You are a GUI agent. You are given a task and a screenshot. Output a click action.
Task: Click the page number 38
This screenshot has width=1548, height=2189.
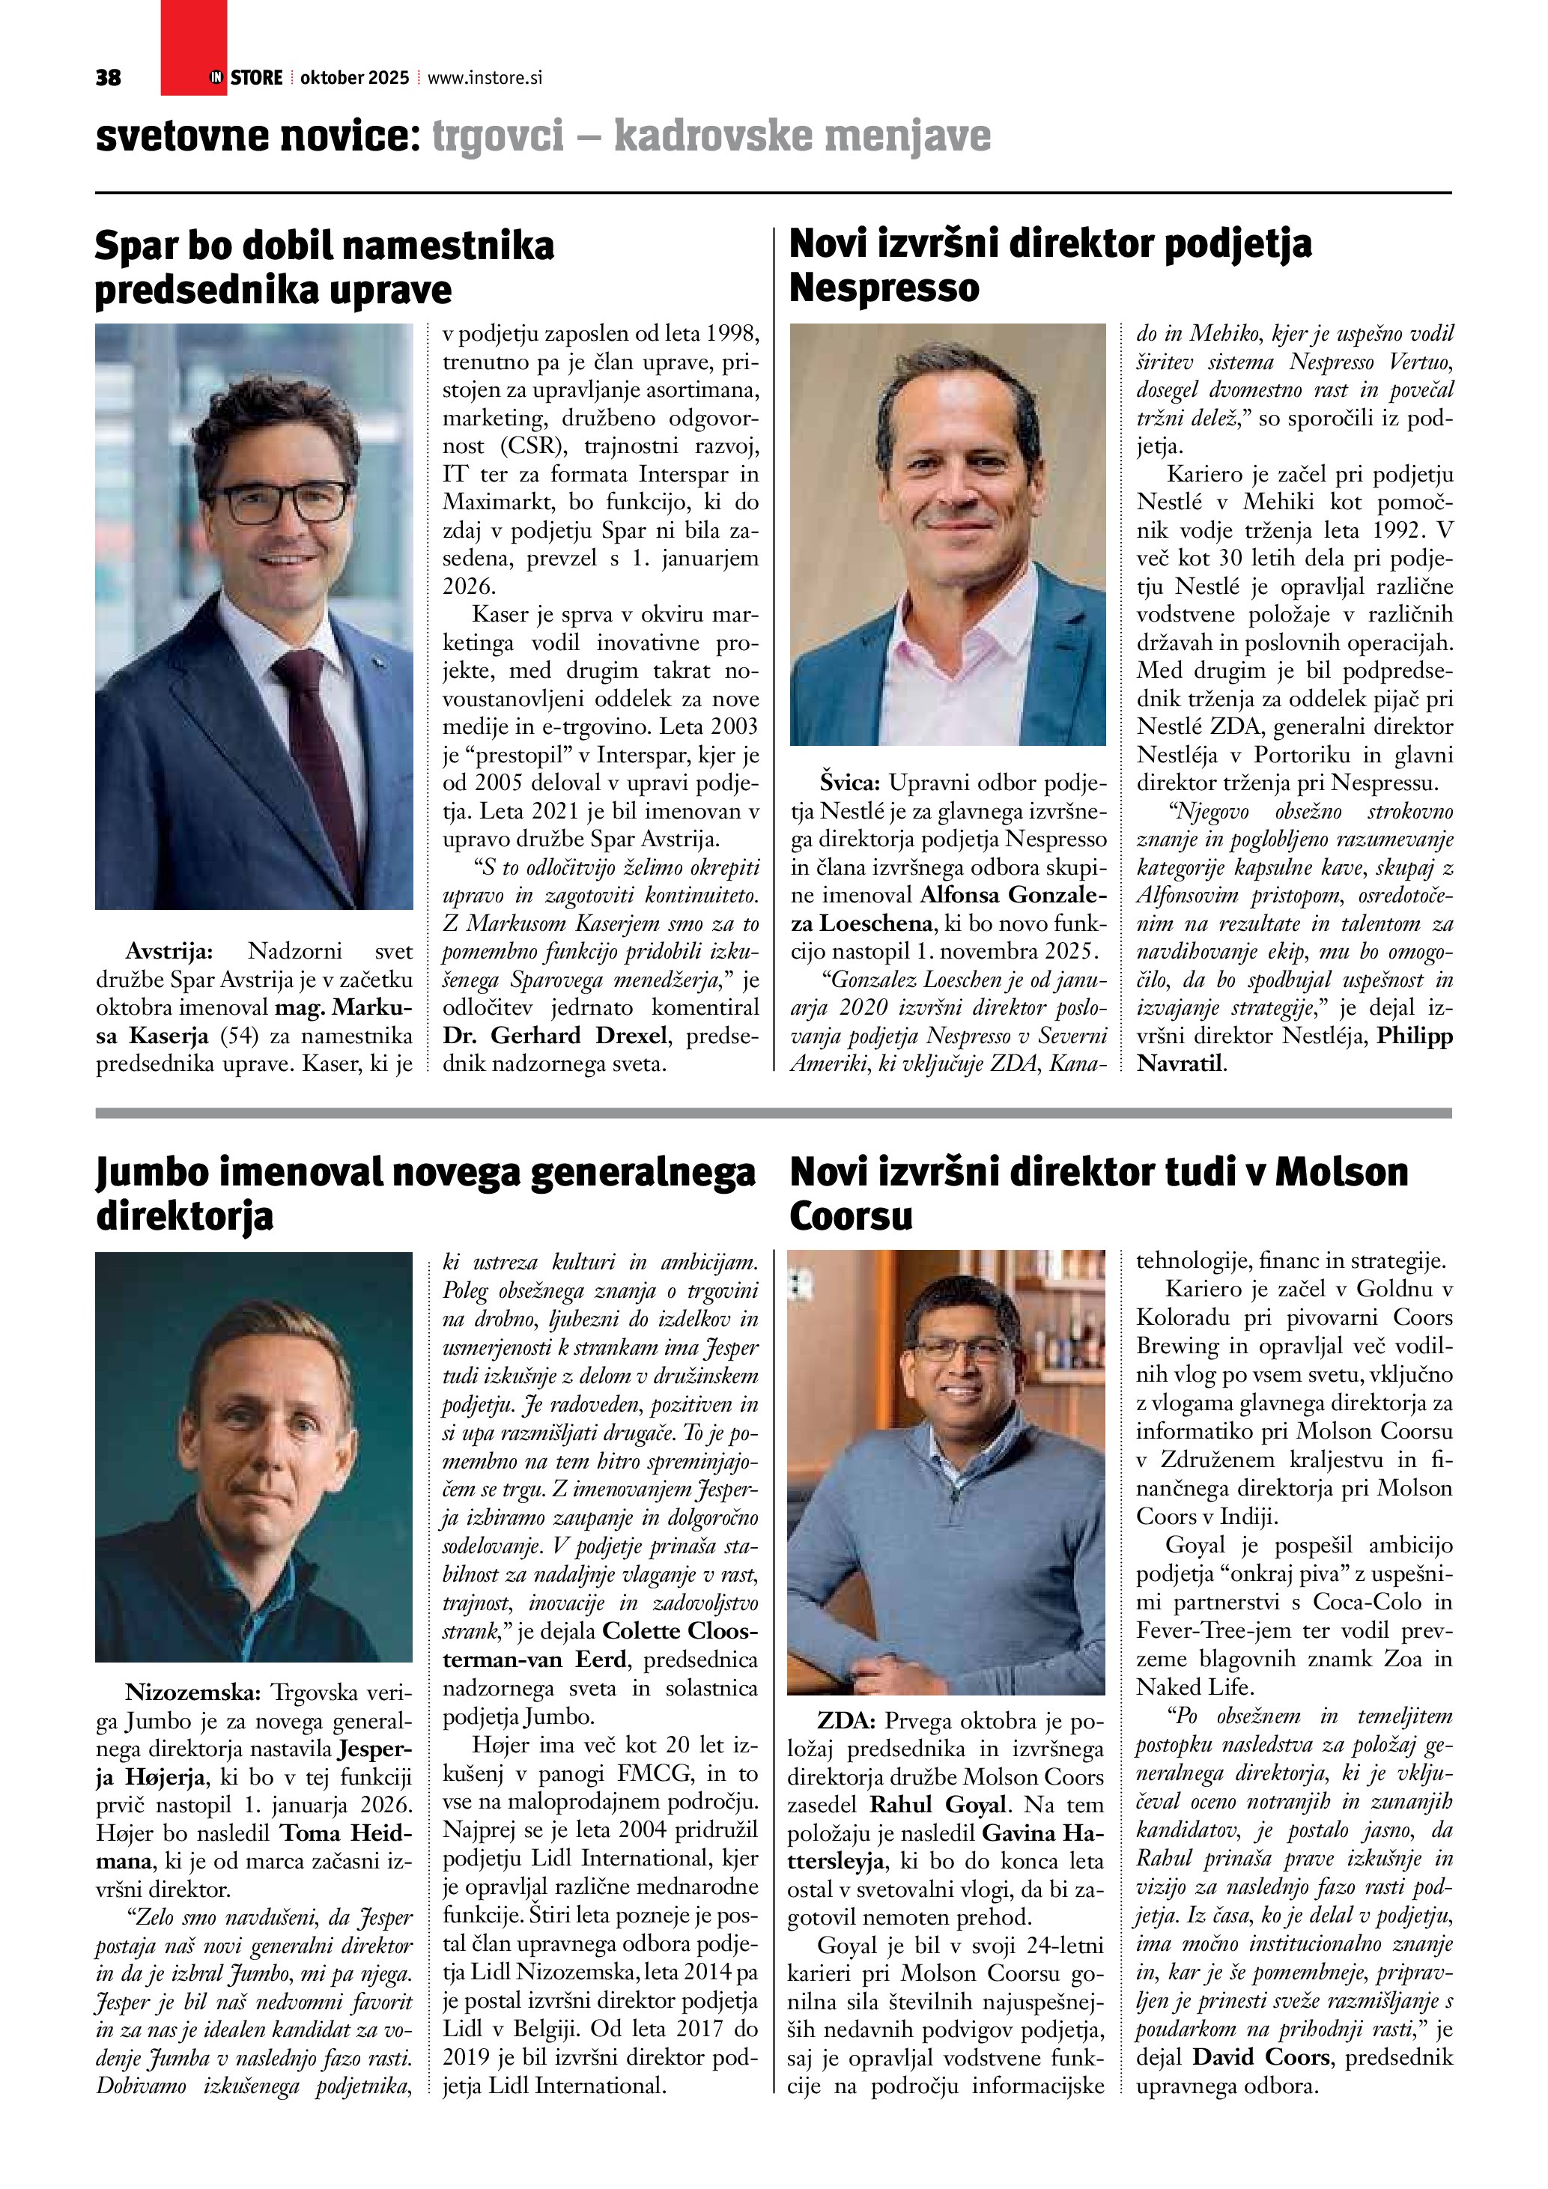tap(108, 78)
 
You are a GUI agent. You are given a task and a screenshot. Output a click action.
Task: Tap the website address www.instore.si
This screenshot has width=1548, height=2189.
tap(485, 78)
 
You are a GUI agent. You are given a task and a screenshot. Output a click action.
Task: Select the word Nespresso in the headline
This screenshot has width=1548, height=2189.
tap(884, 288)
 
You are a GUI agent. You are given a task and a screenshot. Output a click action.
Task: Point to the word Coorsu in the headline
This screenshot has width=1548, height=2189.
tap(850, 1215)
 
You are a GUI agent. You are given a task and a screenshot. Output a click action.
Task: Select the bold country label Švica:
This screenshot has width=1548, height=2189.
tap(852, 783)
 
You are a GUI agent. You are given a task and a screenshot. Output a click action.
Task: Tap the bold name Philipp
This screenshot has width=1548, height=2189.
tap(1415, 1036)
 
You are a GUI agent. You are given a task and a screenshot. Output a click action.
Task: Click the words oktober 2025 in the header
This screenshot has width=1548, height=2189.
tap(354, 78)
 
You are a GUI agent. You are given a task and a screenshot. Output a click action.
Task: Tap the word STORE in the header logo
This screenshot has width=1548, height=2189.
tap(256, 78)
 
